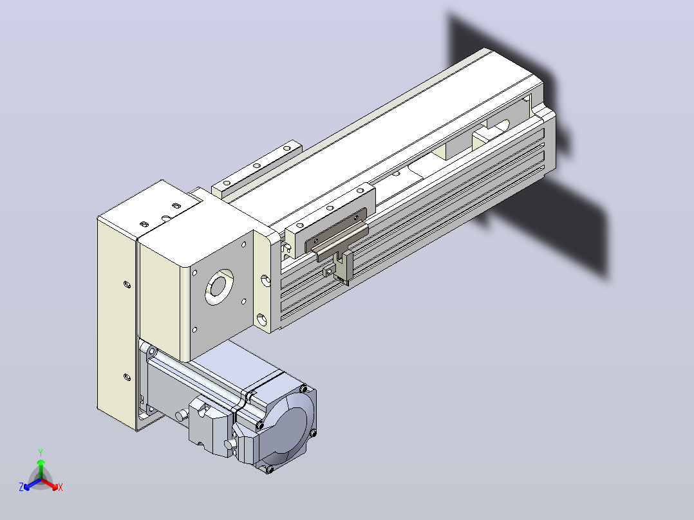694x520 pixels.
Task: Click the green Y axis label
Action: click(x=41, y=452)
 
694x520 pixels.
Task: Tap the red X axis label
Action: click(x=61, y=487)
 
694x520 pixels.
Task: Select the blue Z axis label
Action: click(x=21, y=487)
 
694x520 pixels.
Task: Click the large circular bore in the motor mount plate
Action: click(x=219, y=286)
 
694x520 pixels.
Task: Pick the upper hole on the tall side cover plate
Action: click(x=127, y=284)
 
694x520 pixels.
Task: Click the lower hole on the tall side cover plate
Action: click(x=127, y=378)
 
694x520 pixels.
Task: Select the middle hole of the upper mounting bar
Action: click(x=256, y=166)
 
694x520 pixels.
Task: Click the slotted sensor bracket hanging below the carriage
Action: click(x=343, y=267)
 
